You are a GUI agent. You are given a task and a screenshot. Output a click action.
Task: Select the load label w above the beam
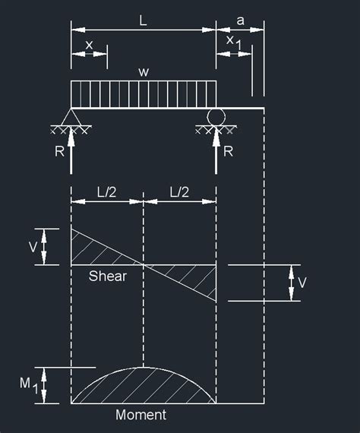(x=143, y=72)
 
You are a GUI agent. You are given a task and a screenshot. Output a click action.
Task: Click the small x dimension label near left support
(x=89, y=45)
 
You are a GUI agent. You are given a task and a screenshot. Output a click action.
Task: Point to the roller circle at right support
(x=216, y=116)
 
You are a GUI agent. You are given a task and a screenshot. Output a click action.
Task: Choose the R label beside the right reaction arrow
(x=229, y=151)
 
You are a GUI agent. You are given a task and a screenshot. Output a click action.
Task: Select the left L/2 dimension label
(x=107, y=194)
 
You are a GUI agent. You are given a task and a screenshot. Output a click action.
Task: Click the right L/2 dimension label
(x=179, y=194)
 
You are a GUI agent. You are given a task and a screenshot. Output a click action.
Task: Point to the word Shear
(x=108, y=276)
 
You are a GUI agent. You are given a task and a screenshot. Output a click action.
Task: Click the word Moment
(x=141, y=415)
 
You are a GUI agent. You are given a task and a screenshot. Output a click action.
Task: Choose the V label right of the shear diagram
(x=303, y=283)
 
